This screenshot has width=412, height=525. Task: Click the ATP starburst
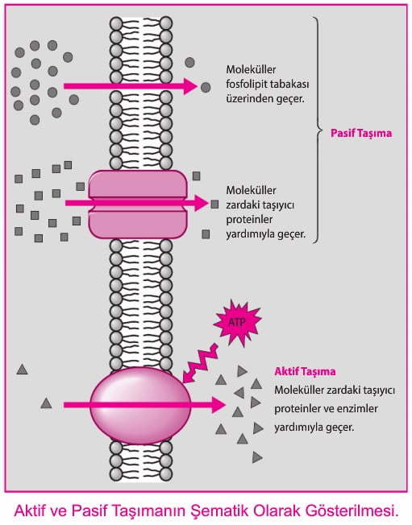(237, 323)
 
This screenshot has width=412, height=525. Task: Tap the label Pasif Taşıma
(361, 133)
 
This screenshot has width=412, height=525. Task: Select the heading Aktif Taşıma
(305, 371)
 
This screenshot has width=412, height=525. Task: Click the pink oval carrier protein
(140, 406)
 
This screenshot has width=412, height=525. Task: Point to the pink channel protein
(137, 205)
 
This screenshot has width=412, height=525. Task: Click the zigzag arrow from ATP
(199, 364)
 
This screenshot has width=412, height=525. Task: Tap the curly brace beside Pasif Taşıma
(317, 130)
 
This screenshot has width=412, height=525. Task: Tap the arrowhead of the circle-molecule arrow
(190, 86)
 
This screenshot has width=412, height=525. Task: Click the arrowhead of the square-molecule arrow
(202, 203)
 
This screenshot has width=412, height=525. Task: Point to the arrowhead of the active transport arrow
(218, 405)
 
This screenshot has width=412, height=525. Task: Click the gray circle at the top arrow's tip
(206, 88)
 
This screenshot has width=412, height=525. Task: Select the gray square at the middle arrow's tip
(214, 205)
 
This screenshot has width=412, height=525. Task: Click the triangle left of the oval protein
(46, 403)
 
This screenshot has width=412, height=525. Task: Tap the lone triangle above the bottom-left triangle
(22, 370)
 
